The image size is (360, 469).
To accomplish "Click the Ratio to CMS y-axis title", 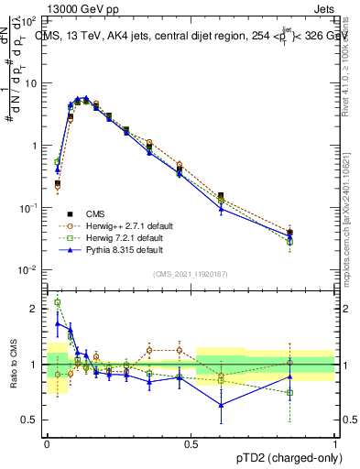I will pos(14,365).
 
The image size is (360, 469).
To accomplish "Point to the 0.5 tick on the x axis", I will pos(191,442).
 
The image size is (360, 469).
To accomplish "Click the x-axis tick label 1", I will pos(336,442).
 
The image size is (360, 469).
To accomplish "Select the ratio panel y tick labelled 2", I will pos(34,309).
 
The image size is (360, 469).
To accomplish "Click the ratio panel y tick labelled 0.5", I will pos(31,420).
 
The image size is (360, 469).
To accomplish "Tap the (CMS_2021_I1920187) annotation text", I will pos(191,274).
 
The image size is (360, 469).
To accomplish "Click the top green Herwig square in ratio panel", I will pos(58,302).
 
